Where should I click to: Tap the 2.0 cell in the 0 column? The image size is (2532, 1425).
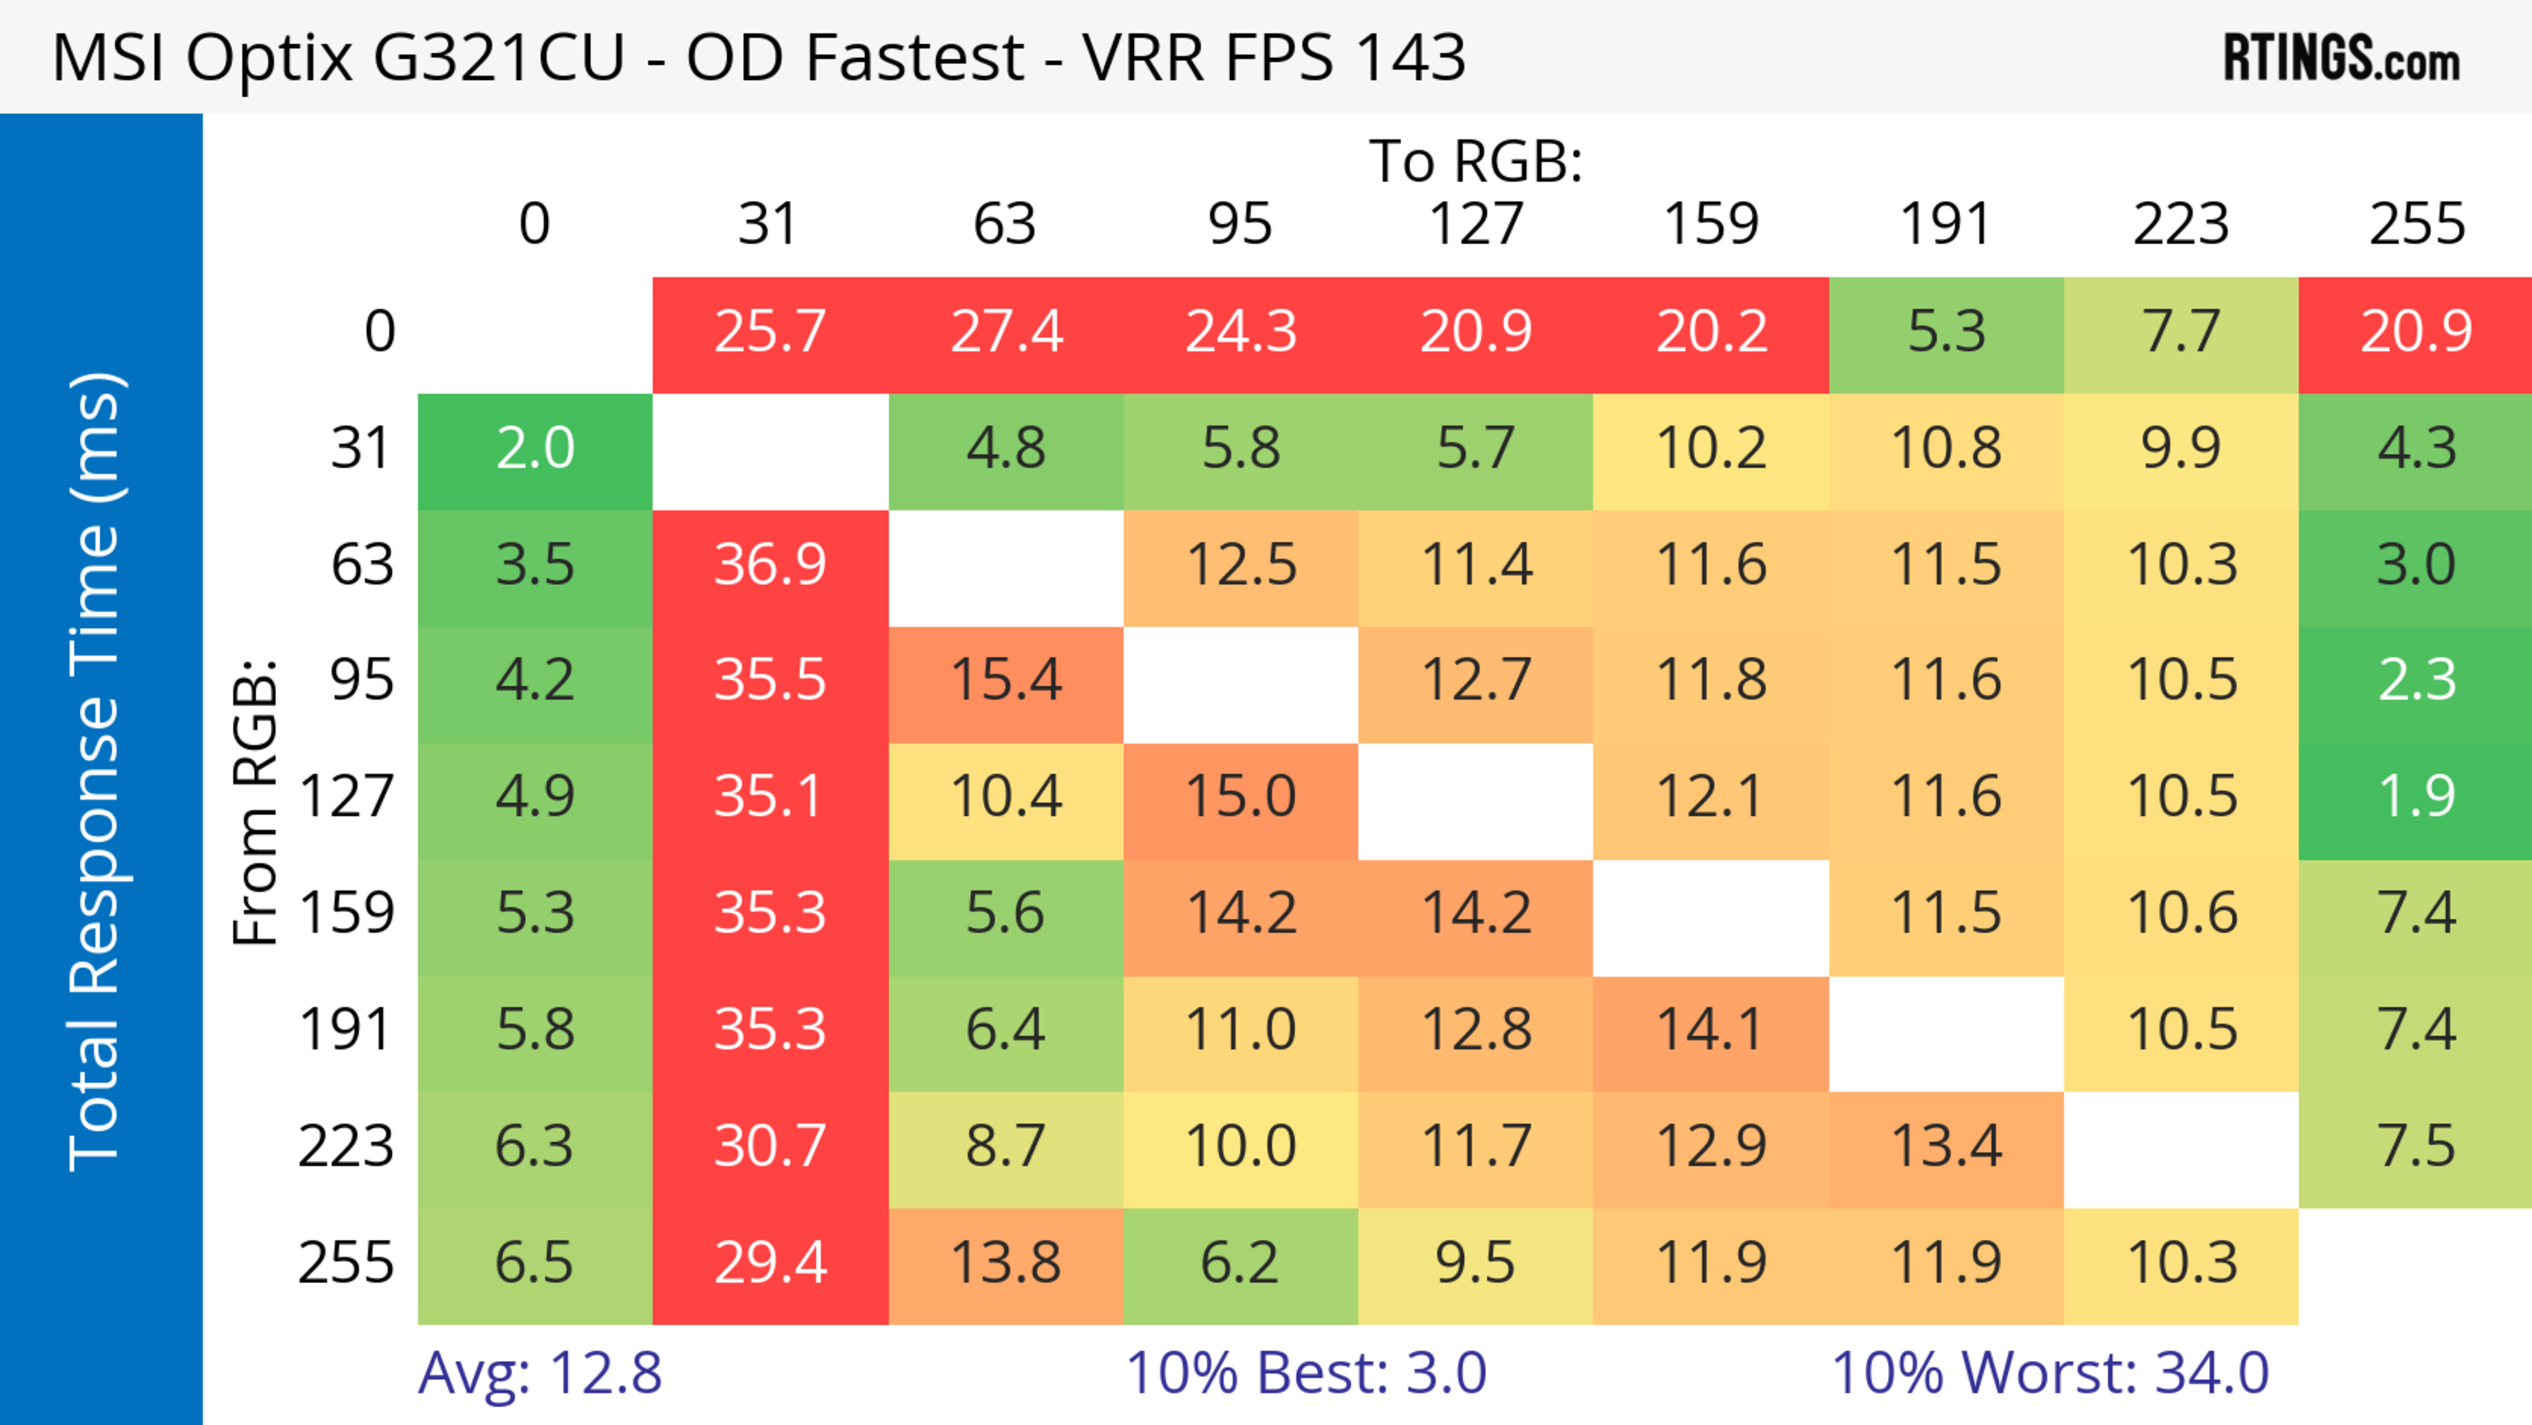[535, 449]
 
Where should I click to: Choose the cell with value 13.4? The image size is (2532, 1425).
[1946, 1147]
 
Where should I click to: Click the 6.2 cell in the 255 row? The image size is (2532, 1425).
[1240, 1263]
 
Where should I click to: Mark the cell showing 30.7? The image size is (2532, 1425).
[769, 1147]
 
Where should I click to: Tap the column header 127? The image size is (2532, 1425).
[1476, 224]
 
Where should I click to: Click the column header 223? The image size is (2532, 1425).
[2181, 224]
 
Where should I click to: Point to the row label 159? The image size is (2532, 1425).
[347, 913]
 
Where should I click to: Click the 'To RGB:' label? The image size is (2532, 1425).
[1476, 161]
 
